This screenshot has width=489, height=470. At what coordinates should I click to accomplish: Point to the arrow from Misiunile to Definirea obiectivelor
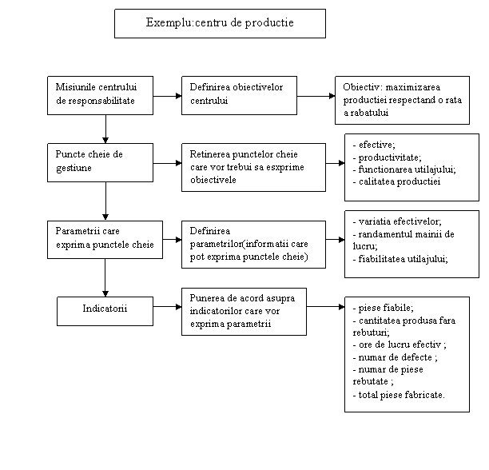pyautogui.click(x=168, y=96)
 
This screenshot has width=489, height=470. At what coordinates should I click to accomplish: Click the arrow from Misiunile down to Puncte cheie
pyautogui.click(x=105, y=129)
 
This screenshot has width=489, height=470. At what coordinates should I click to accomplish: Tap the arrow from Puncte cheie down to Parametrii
pyautogui.click(x=105, y=201)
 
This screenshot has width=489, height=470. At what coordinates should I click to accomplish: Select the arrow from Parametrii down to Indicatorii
pyautogui.click(x=105, y=277)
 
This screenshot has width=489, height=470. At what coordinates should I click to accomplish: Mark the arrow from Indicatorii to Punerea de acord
pyautogui.click(x=168, y=307)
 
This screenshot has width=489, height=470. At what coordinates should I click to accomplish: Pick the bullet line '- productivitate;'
pyautogui.click(x=387, y=157)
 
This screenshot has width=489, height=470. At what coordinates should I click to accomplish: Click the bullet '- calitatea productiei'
pyautogui.click(x=396, y=181)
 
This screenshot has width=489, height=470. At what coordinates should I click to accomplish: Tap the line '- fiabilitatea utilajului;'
pyautogui.click(x=400, y=259)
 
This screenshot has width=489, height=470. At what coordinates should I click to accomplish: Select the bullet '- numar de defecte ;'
pyautogui.click(x=396, y=357)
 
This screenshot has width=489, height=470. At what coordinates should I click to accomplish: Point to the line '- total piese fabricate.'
pyautogui.click(x=399, y=395)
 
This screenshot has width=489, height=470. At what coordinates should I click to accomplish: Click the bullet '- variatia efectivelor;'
pyautogui.click(x=397, y=221)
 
